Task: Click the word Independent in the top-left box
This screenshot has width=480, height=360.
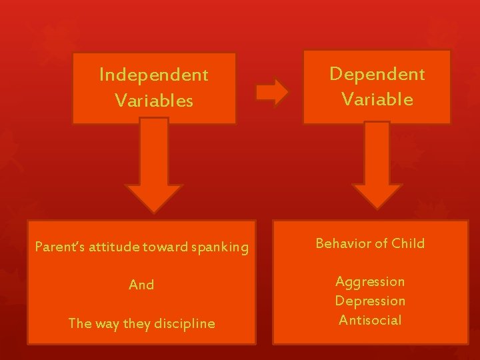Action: tap(153, 75)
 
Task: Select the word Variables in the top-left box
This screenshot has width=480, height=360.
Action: tap(153, 101)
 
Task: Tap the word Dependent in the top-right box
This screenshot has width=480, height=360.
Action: tap(377, 74)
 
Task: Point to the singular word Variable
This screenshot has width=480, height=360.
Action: tap(377, 99)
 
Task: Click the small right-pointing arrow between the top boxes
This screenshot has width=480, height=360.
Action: tap(272, 92)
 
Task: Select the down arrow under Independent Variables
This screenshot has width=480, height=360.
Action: tap(154, 167)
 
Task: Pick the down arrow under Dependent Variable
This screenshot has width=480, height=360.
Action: tap(377, 167)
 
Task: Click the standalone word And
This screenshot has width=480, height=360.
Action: tap(141, 285)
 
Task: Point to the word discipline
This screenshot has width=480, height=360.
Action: tap(185, 323)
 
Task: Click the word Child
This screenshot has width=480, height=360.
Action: tap(408, 243)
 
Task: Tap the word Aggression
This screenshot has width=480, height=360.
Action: tap(370, 281)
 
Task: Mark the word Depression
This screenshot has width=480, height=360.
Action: tap(370, 301)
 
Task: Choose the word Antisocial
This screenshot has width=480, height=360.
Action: tap(370, 320)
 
